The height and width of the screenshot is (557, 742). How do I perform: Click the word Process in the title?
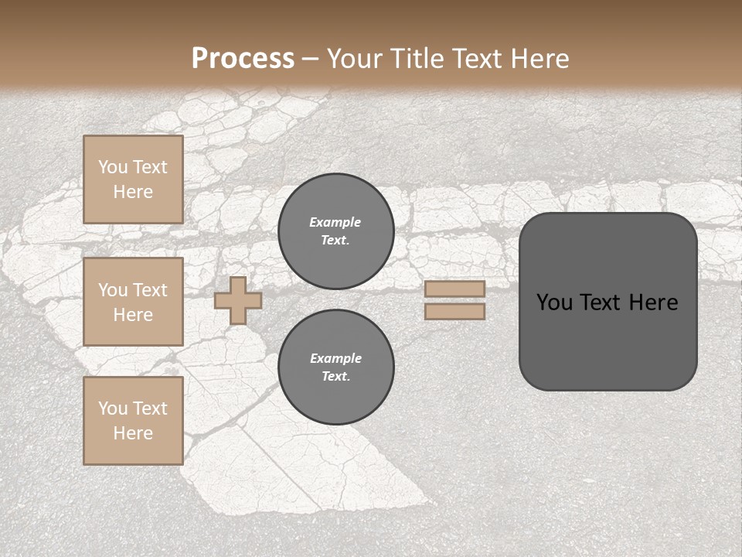[x=243, y=59]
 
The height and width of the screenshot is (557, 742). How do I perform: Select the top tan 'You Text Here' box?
[x=133, y=179]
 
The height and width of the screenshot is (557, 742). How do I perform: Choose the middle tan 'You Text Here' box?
[x=133, y=302]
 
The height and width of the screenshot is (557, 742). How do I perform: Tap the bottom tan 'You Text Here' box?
[x=133, y=421]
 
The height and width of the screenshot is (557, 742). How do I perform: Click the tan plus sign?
[x=238, y=301]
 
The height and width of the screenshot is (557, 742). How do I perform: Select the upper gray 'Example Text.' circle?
[x=335, y=231]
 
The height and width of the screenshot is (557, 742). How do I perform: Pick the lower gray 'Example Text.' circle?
[x=335, y=367]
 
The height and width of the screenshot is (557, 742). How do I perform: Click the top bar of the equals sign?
[x=454, y=289]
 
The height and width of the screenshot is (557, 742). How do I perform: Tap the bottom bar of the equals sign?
[x=454, y=312]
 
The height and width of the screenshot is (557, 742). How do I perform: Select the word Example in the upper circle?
[x=335, y=222]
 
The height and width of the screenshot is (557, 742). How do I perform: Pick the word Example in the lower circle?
[x=335, y=358]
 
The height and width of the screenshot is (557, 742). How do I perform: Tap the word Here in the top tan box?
[x=133, y=192]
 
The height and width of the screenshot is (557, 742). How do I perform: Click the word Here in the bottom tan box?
[x=133, y=433]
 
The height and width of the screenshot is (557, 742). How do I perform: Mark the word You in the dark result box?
[x=553, y=302]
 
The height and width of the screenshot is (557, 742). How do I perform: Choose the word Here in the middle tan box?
[x=133, y=315]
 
